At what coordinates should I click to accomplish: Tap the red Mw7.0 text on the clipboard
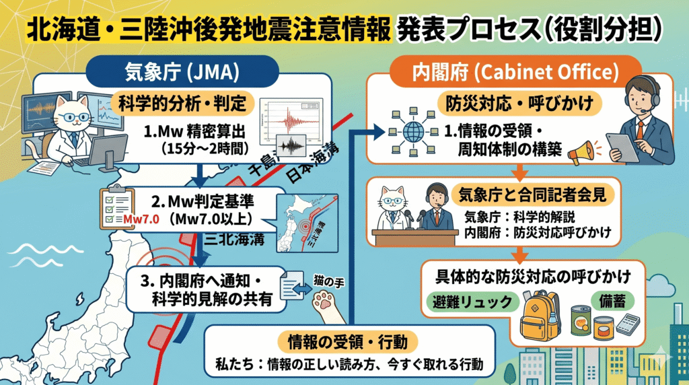(140, 219)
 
